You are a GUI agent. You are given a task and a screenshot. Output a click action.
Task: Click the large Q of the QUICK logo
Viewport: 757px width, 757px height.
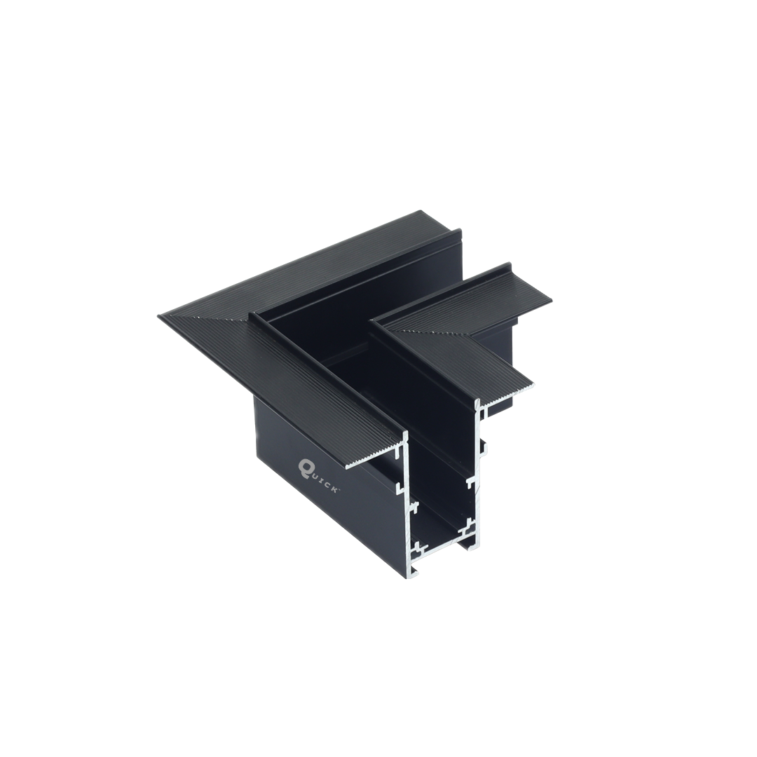coord(305,466)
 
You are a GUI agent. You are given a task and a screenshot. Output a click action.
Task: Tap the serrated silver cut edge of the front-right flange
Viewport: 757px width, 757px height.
coord(507,393)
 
